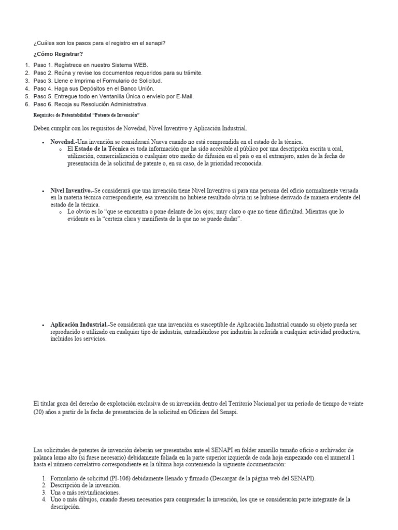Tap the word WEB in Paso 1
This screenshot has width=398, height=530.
tap(139, 65)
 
